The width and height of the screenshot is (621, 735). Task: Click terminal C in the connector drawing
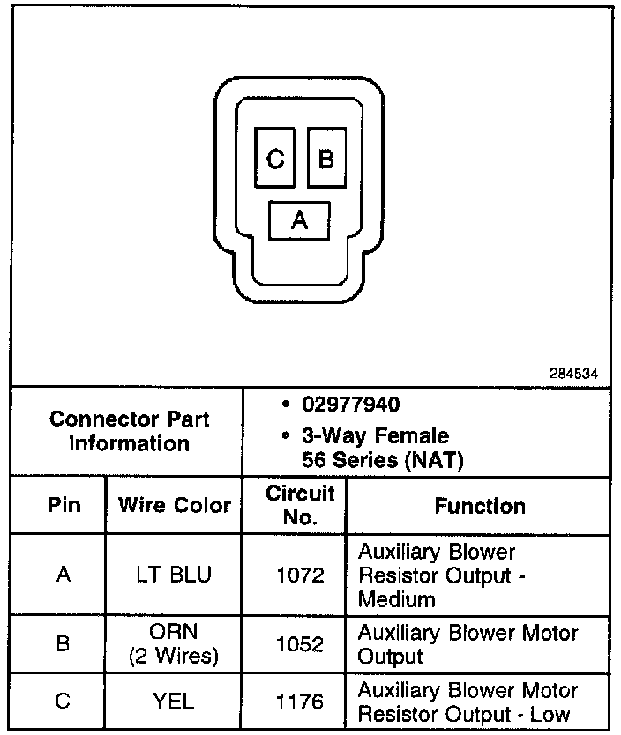[x=275, y=159]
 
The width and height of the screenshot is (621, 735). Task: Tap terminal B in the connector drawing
[x=326, y=159]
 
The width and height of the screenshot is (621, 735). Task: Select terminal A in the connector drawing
[x=300, y=220]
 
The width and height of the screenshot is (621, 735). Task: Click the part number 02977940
[x=351, y=405]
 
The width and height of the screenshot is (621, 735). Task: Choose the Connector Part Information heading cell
[x=130, y=431]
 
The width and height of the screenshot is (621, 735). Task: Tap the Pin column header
[x=63, y=506]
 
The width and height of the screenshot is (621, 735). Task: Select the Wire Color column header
[x=175, y=506]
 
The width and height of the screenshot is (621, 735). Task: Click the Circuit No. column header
[x=300, y=505]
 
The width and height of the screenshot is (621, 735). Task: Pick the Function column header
[x=480, y=506]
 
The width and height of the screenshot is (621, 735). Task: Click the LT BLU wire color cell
[x=175, y=575]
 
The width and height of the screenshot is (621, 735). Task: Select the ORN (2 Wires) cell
[x=175, y=644]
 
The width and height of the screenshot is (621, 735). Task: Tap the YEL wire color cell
[x=175, y=702]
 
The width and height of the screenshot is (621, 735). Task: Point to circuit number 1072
[x=300, y=575]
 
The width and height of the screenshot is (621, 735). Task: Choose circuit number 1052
[x=300, y=644]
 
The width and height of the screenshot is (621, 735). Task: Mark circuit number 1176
[x=300, y=702]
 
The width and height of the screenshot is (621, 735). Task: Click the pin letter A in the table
[x=63, y=575]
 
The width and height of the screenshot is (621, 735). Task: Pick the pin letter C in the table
[x=63, y=702]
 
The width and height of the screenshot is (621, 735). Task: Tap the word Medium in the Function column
[x=397, y=600]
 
